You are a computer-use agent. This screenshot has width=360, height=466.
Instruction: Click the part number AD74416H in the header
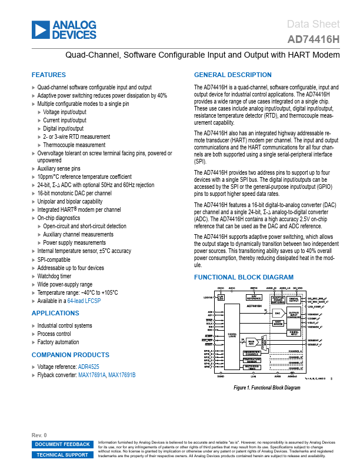pos(314,40)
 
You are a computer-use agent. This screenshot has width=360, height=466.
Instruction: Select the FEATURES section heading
pos(49,75)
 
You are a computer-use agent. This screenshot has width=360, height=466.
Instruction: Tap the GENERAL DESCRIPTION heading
pos(233,75)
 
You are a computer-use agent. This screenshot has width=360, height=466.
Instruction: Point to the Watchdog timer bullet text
pos(54,275)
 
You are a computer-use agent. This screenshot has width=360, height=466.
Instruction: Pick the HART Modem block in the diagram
pos(278,322)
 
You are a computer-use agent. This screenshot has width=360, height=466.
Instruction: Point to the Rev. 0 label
pos(39,435)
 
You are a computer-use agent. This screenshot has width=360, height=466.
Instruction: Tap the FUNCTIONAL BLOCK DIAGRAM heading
pos(244,277)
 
